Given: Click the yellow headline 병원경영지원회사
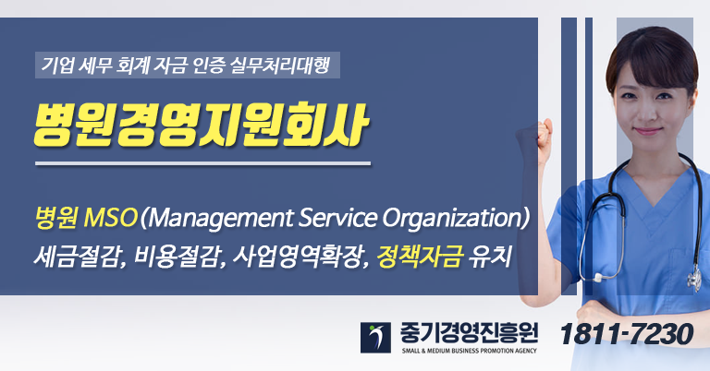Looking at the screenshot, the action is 201,126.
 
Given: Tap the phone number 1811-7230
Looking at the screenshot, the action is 626,334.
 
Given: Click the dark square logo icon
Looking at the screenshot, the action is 375,338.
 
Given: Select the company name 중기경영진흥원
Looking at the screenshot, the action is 469,333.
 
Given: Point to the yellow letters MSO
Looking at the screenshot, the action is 111,218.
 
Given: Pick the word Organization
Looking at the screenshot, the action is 450,219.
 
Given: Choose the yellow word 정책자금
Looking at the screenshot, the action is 420,257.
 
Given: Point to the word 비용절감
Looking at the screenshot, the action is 177,257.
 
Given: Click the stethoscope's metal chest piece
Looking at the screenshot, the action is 693,278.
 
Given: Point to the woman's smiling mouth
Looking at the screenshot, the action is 647,131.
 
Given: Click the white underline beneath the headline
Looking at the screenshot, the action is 202,163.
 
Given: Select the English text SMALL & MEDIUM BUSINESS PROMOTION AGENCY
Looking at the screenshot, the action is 469,351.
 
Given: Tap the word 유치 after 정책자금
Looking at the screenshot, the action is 489,257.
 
